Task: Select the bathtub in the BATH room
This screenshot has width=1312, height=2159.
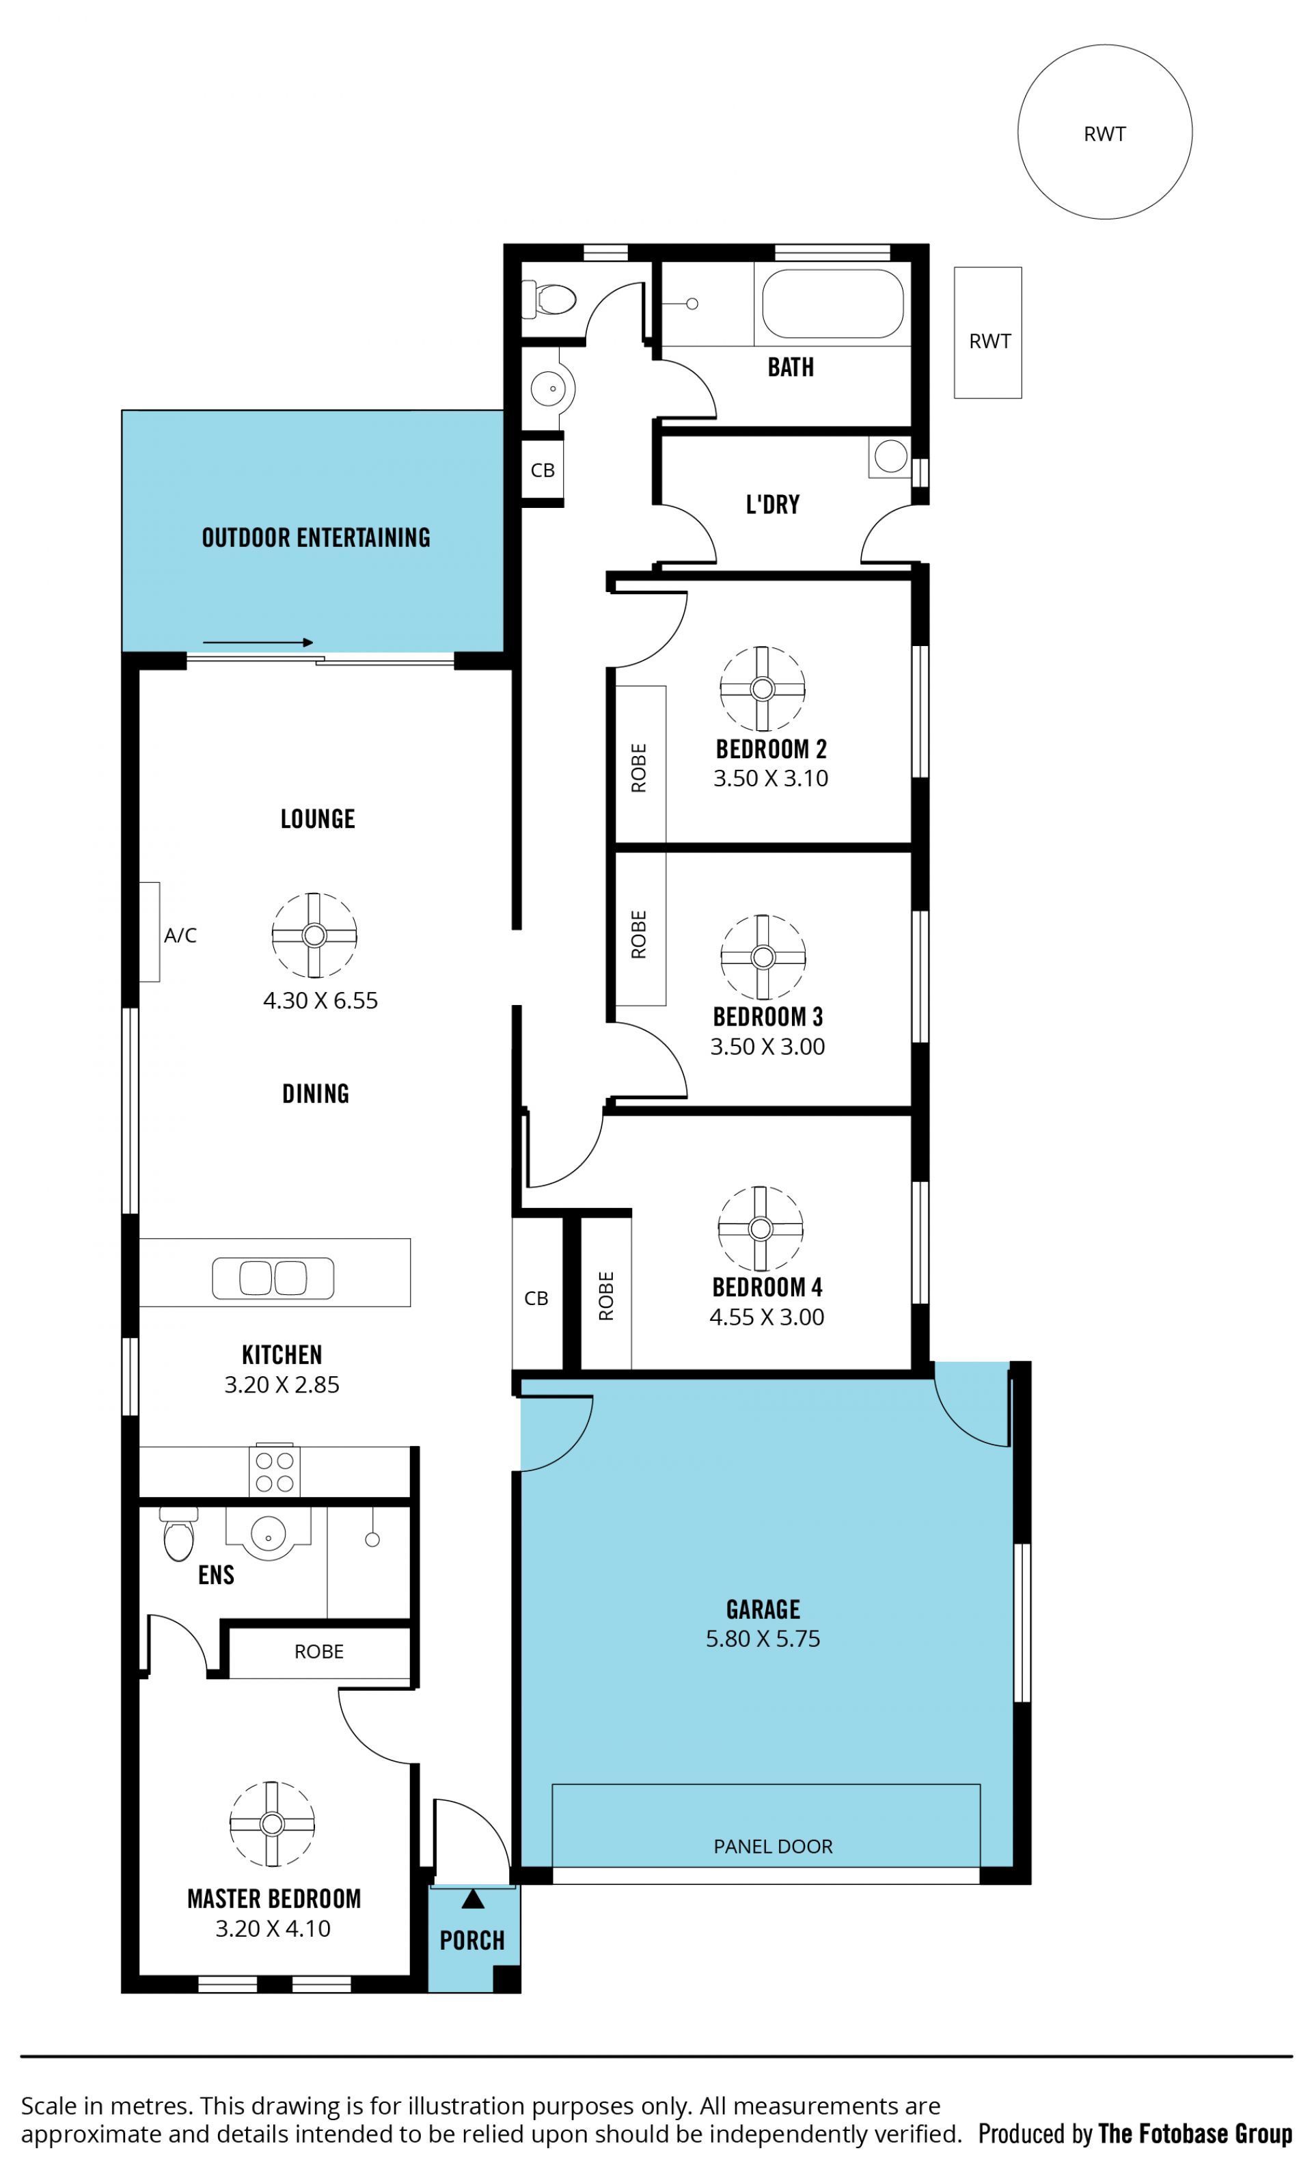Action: click(x=832, y=303)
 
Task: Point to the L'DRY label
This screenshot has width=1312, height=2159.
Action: click(x=772, y=505)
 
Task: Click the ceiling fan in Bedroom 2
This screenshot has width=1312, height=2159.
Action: click(x=762, y=688)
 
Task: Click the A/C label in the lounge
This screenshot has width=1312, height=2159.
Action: click(x=180, y=936)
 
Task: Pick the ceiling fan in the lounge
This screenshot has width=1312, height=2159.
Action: click(x=314, y=935)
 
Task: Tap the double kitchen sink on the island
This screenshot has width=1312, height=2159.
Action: click(x=273, y=1278)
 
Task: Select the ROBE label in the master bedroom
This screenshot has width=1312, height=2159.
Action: click(x=319, y=1652)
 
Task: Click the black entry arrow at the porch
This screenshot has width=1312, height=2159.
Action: click(x=473, y=1899)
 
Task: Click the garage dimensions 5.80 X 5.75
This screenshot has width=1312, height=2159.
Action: click(x=763, y=1639)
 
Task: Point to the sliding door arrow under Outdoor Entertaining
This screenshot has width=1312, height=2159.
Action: click(x=258, y=642)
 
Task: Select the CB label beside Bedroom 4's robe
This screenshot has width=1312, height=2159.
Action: click(x=536, y=1298)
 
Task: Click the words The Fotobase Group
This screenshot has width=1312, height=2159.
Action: click(x=1196, y=2133)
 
